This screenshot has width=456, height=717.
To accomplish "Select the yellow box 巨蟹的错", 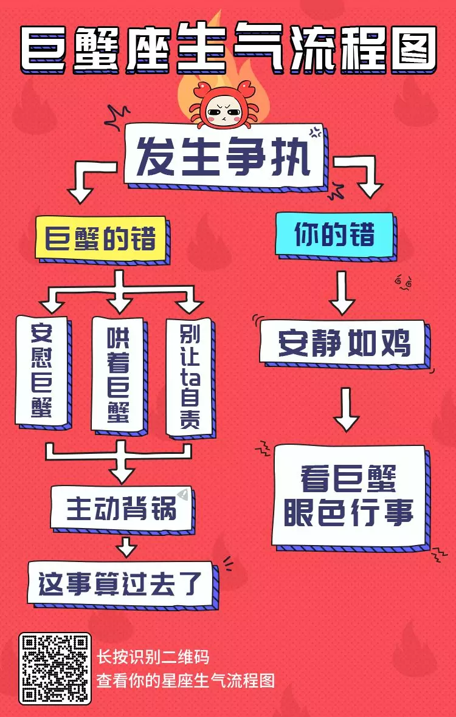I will [100, 238].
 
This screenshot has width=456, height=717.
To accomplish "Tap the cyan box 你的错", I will [334, 233].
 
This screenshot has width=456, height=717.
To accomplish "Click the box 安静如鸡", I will [343, 343].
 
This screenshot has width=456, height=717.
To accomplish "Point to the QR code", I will [55, 668].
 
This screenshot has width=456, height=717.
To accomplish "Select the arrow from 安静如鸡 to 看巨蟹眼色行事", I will [346, 409].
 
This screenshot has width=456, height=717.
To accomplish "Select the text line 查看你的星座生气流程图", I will [185, 679].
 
